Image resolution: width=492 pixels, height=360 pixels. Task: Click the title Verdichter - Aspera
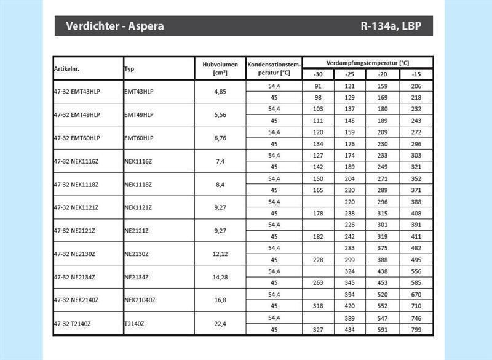coord(114,27)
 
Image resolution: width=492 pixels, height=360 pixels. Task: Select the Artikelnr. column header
coord(68,68)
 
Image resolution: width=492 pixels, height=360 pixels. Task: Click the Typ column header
coord(130,69)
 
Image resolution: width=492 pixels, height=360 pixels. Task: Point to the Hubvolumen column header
coord(220,68)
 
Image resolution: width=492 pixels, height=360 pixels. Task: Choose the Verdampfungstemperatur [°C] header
coord(368,63)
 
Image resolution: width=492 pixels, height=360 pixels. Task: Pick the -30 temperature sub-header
coord(318,74)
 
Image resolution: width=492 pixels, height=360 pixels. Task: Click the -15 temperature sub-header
coord(416,74)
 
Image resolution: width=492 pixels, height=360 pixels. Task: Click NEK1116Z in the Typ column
coord(138,161)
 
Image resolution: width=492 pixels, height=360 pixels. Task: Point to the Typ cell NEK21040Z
coord(140,300)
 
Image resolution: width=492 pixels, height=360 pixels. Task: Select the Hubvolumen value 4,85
coord(220,92)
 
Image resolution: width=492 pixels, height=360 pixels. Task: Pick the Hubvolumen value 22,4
coord(220,323)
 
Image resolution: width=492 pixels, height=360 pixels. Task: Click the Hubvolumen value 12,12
coord(220,254)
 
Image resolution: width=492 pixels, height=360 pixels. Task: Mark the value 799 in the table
coord(416,329)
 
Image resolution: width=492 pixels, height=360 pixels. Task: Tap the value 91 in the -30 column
coord(318,86)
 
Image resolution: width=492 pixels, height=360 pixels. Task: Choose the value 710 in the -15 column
coord(416,306)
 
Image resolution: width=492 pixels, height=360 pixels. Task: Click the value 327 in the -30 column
coord(318,329)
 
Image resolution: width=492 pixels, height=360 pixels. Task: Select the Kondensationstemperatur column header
coord(274,68)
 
